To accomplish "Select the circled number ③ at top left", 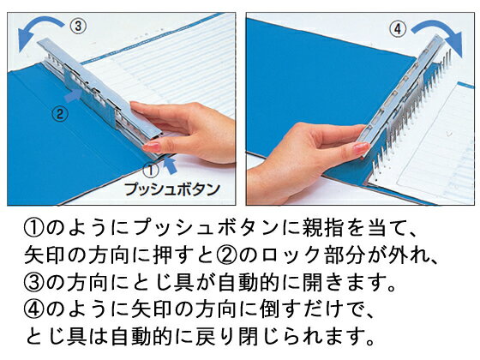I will pyautogui.click(x=77, y=26).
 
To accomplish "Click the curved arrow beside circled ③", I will pyautogui.click(x=39, y=32).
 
